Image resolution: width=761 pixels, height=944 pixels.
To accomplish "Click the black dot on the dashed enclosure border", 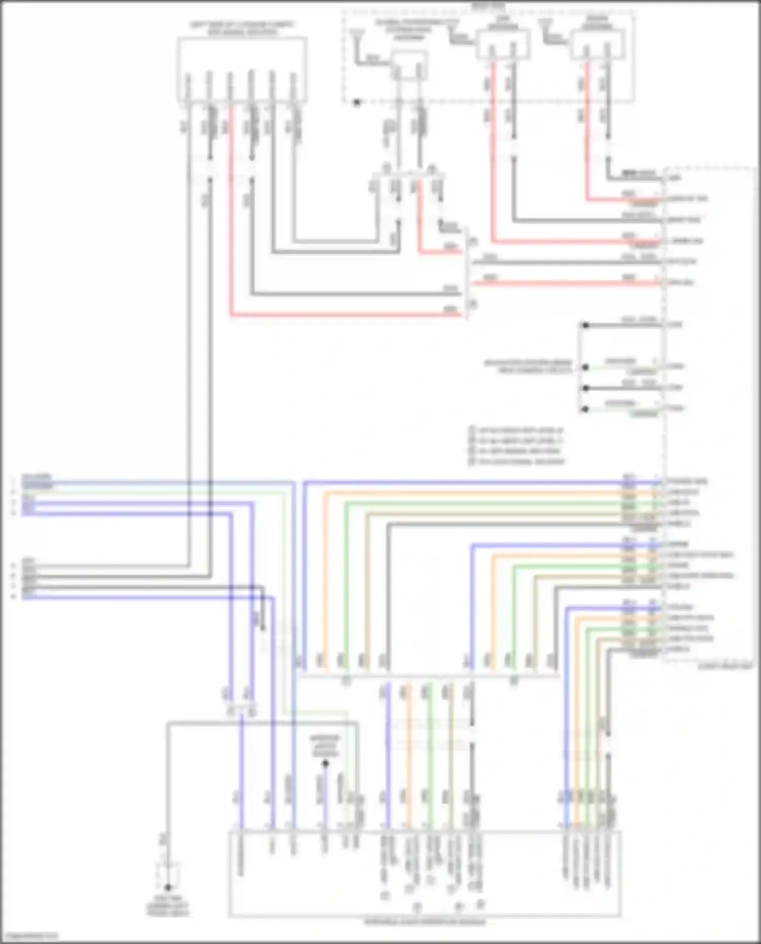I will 357,102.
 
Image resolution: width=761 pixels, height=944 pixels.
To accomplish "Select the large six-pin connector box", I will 242,70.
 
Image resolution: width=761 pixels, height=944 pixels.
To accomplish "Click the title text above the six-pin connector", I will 242,28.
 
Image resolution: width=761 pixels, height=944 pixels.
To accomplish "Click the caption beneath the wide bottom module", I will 425,922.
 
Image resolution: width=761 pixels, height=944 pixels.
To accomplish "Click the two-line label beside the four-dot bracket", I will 528,367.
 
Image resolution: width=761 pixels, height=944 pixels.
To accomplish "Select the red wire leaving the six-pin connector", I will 231,213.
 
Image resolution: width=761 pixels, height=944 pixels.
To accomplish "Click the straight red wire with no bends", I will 563,283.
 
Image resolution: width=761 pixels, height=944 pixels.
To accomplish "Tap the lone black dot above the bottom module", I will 325,763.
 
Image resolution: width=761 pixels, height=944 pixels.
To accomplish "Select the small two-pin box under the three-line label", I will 409,66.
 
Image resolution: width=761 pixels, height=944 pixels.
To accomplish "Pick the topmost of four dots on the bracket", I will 585,325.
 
